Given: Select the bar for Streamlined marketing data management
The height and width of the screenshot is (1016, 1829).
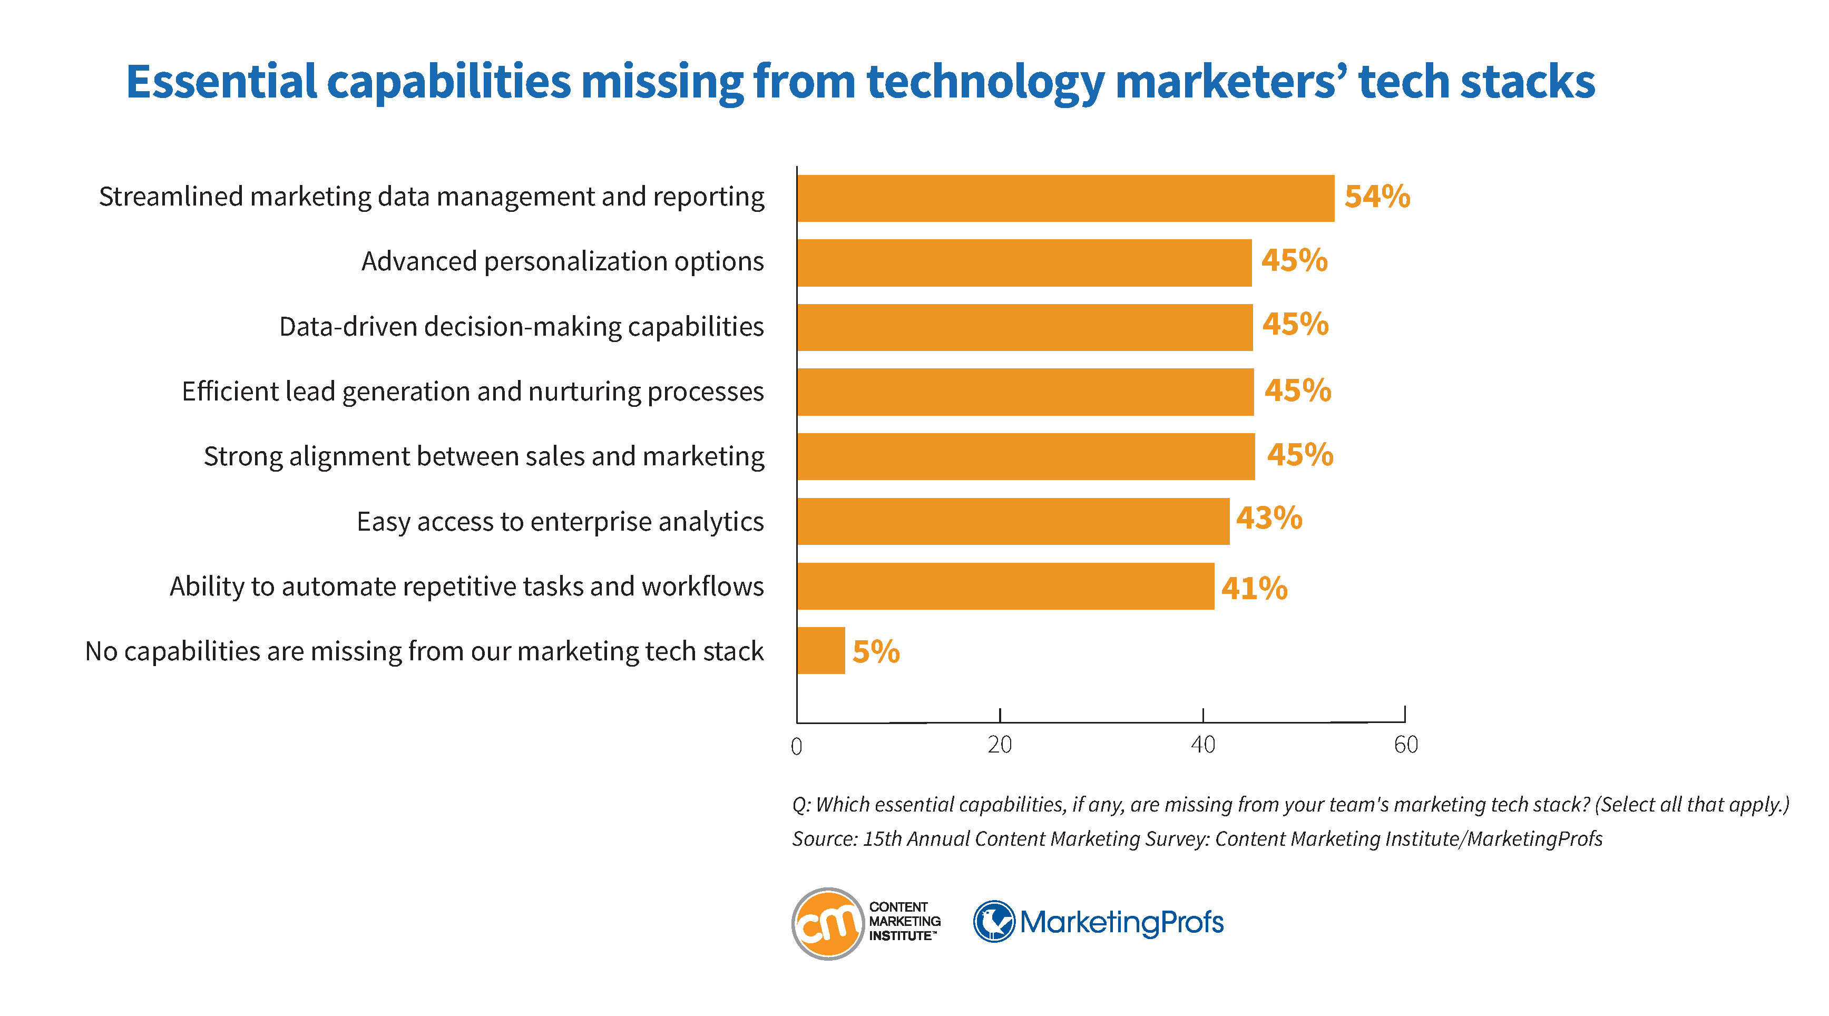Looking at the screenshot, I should pyautogui.click(x=1065, y=198).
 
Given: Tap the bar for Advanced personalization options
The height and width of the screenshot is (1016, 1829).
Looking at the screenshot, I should pyautogui.click(x=1024, y=263).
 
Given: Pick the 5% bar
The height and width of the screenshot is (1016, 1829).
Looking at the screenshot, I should pyautogui.click(x=821, y=650).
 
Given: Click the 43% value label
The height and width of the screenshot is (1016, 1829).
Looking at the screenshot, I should pyautogui.click(x=1268, y=519).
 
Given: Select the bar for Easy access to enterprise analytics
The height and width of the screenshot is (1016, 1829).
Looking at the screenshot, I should pyautogui.click(x=1012, y=521).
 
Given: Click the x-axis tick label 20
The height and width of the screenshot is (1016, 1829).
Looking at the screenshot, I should pyautogui.click(x=999, y=745).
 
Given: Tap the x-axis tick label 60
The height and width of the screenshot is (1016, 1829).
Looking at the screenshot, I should pyautogui.click(x=1405, y=745).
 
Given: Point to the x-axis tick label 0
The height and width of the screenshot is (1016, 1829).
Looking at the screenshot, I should pyautogui.click(x=797, y=746).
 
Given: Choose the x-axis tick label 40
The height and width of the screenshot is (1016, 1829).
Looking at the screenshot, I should pyautogui.click(x=1202, y=745).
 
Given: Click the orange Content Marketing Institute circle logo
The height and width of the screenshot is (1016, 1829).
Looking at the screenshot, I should pyautogui.click(x=827, y=923).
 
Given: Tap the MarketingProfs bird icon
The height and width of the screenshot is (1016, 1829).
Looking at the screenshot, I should pyautogui.click(x=993, y=922).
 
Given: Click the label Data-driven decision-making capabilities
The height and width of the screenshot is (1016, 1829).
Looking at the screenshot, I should pyautogui.click(x=521, y=327).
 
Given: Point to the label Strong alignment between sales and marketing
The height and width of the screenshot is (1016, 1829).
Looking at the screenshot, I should pyautogui.click(x=484, y=456).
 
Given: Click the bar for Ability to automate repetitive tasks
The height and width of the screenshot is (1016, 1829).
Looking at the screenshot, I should pyautogui.click(x=1005, y=586).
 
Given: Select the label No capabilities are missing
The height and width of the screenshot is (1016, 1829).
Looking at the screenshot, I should pyautogui.click(x=424, y=651).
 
